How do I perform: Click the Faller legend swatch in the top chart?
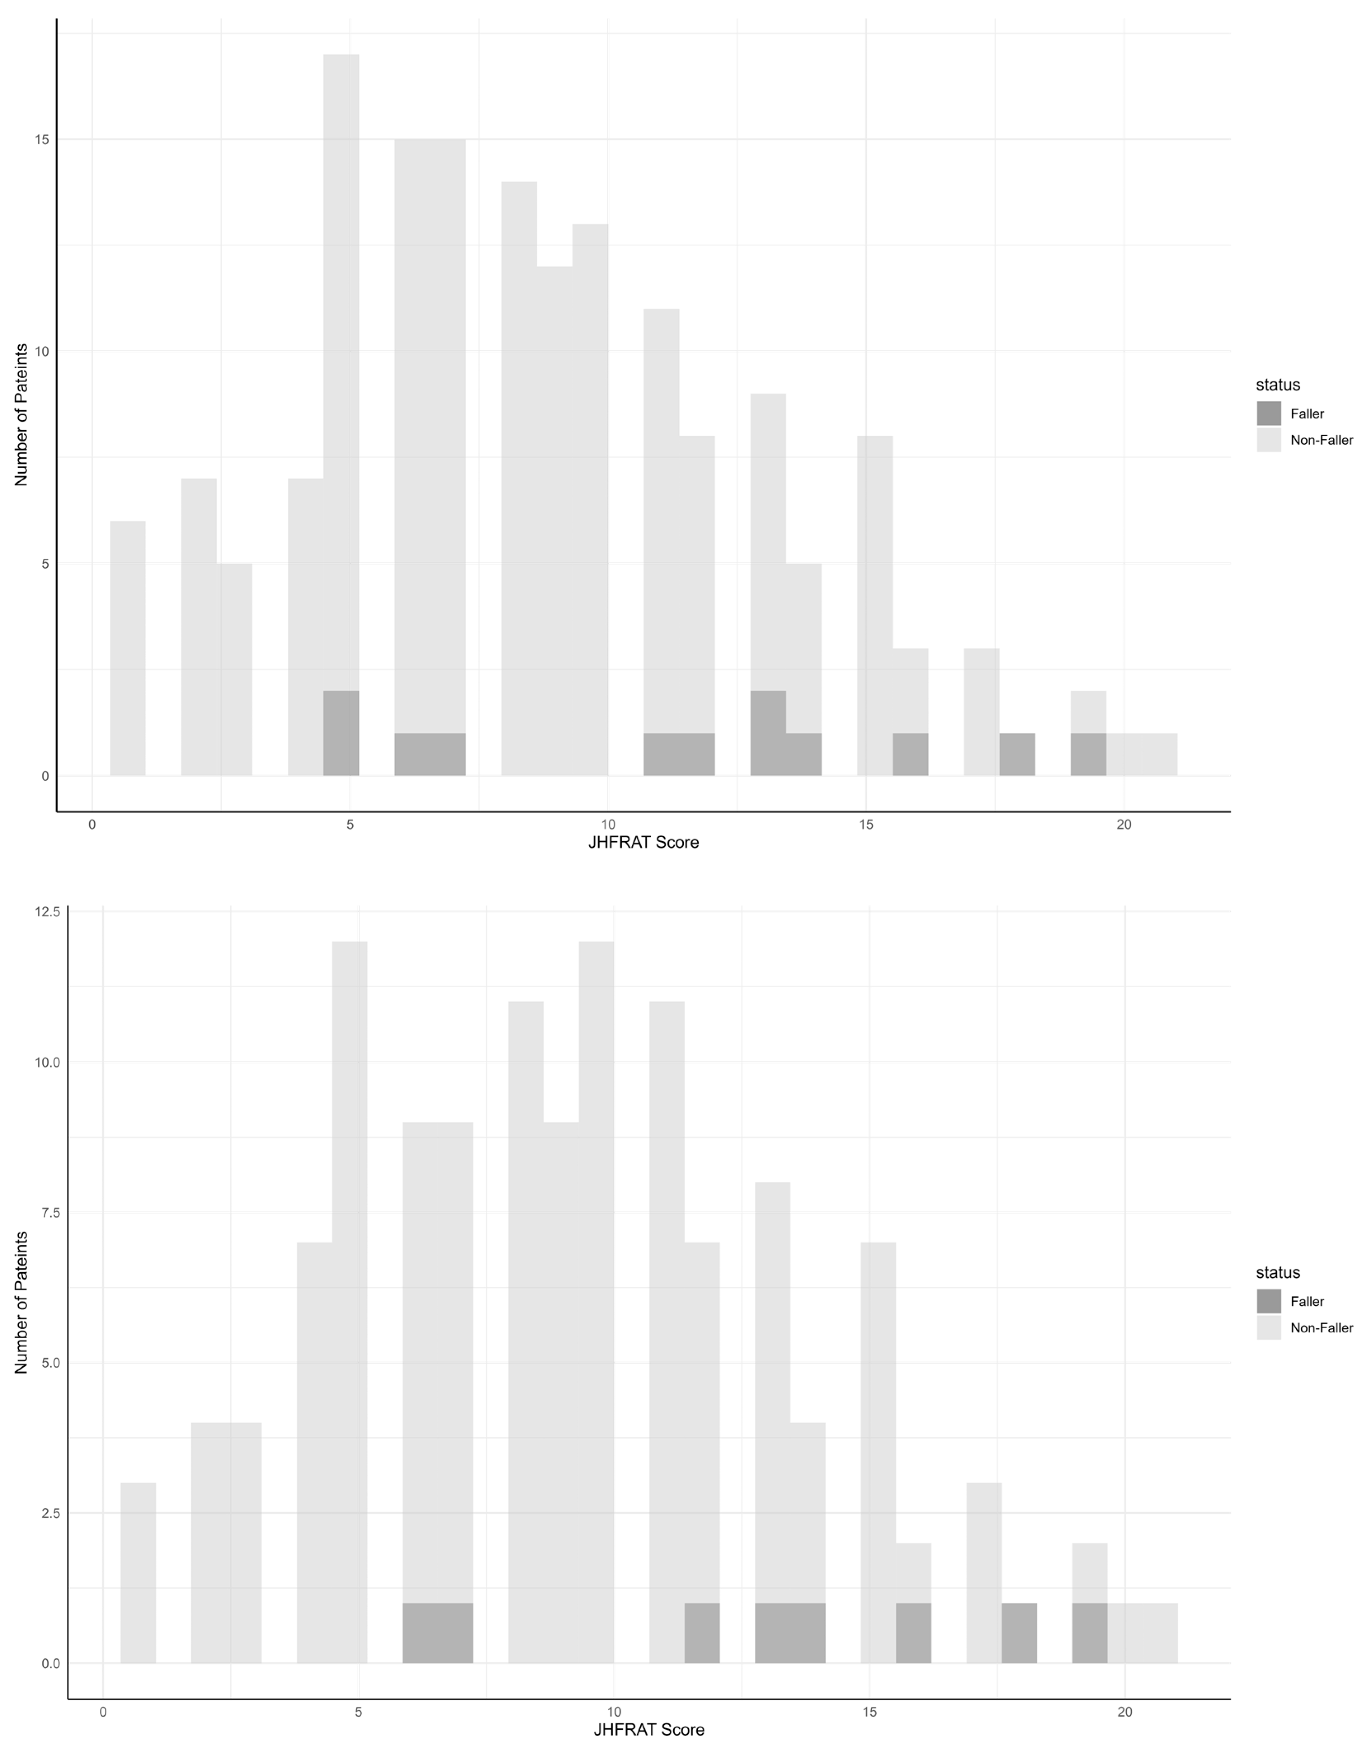(1269, 414)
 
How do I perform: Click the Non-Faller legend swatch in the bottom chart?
(1269, 1327)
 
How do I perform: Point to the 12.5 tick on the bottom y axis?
(47, 911)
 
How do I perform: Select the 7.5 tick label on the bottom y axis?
(50, 1212)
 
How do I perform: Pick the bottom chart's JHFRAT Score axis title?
(649, 1730)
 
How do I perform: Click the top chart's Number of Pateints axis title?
(21, 414)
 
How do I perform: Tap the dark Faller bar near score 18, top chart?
(1017, 754)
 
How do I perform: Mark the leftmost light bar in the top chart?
(127, 648)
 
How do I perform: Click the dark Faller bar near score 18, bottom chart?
(1019, 1632)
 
